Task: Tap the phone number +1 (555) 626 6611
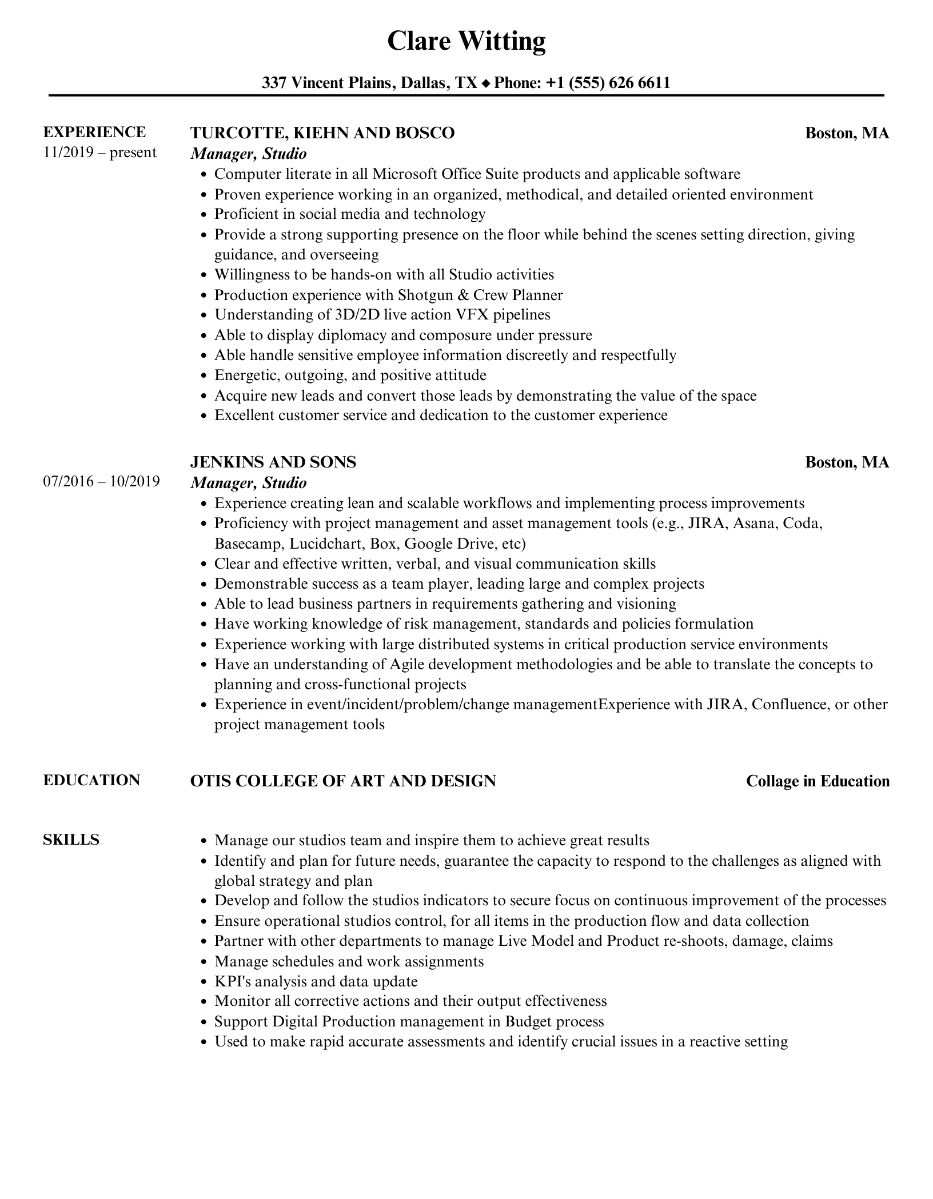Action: point(608,83)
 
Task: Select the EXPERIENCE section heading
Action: point(94,132)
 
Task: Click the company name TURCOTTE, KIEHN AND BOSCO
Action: point(322,133)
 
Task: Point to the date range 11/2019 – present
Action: point(99,153)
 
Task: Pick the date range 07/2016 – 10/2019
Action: point(101,481)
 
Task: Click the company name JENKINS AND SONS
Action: point(273,462)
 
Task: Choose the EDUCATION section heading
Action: point(91,780)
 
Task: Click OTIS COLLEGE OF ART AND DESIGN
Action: point(343,781)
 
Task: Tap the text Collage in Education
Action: point(818,781)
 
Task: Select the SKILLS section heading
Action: point(71,840)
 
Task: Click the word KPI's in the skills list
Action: point(234,981)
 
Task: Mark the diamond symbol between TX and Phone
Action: point(486,84)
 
